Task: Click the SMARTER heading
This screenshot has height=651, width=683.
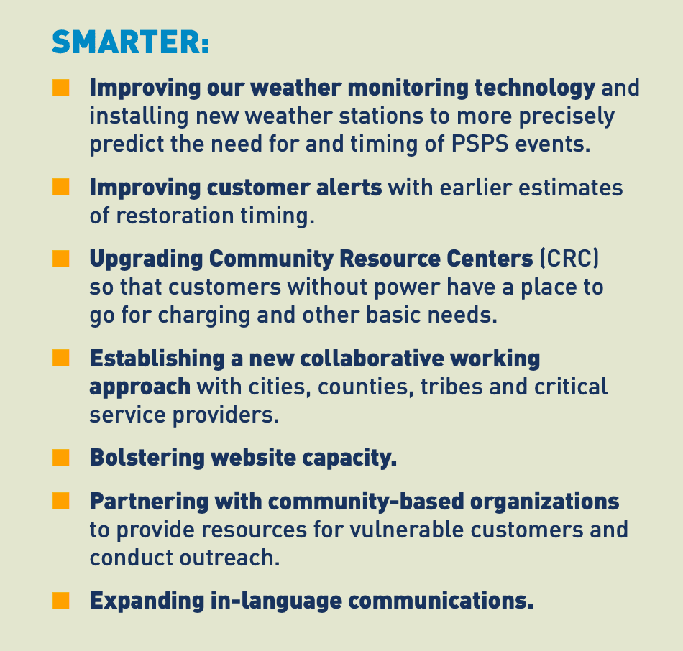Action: [x=130, y=42]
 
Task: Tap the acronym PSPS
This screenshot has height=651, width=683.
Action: [x=480, y=144]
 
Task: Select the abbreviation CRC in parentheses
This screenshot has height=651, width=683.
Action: [x=569, y=258]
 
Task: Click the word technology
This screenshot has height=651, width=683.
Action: [x=535, y=88]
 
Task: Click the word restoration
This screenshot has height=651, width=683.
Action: [x=175, y=216]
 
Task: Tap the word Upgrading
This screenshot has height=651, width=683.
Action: [x=146, y=259]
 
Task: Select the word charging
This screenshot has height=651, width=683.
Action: [x=204, y=315]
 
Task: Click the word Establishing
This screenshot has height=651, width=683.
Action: [x=157, y=359]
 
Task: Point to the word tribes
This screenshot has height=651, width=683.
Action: [x=451, y=387]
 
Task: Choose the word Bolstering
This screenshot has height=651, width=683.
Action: [x=147, y=458]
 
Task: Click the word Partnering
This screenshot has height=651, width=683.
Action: [x=149, y=502]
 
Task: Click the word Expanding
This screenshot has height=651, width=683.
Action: [x=147, y=601]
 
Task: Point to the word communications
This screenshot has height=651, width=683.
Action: [x=441, y=601]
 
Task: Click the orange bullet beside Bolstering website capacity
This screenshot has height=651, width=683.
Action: [x=61, y=458]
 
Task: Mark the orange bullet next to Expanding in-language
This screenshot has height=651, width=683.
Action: [x=61, y=600]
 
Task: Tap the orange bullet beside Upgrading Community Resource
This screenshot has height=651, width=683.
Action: [x=61, y=258]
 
